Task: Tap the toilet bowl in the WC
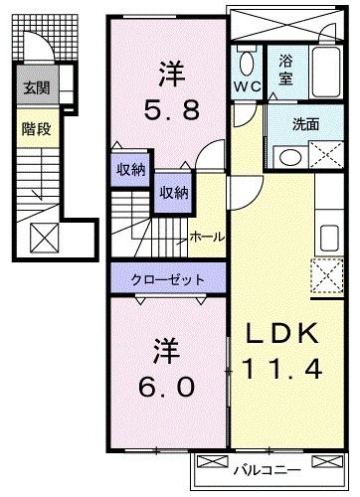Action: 247,63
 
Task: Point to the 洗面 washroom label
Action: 304,126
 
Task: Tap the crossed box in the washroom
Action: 324,155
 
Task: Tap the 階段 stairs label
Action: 33,127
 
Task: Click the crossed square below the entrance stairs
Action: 45,239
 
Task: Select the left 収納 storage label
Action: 129,170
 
